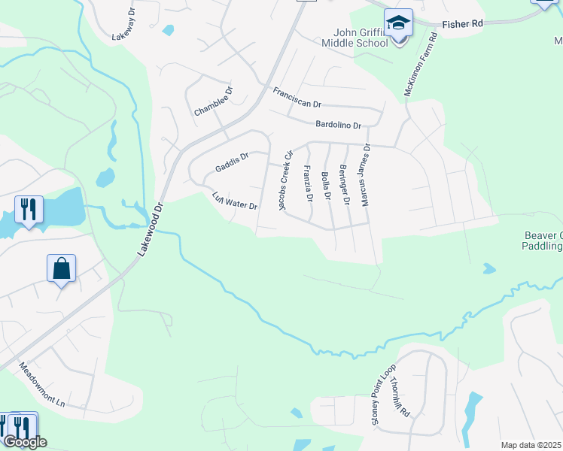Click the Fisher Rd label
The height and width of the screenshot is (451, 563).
point(463,24)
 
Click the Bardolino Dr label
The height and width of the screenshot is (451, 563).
point(339,124)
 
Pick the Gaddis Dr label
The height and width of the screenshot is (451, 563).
point(231,161)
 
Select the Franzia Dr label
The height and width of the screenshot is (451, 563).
point(307,184)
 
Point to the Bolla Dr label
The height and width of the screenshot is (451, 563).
point(326,186)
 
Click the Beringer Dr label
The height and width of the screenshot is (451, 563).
point(344,184)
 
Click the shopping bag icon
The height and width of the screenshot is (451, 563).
point(61,268)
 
